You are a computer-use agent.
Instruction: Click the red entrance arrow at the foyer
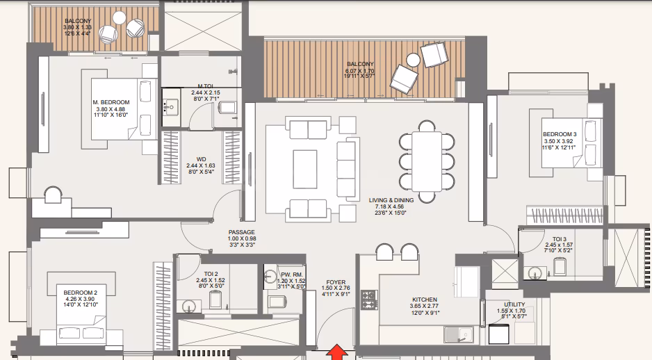tap(336, 352)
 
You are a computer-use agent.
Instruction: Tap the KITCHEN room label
tap(425, 300)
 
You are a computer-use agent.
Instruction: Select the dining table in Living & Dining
tap(427, 161)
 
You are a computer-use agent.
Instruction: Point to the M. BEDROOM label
tap(111, 102)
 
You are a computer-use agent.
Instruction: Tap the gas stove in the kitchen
tap(369, 300)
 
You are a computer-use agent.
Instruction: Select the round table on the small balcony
tap(120, 17)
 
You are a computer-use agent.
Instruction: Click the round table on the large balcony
tap(414, 60)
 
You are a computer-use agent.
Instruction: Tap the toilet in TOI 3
tap(560, 266)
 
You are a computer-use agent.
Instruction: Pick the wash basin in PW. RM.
tap(270, 276)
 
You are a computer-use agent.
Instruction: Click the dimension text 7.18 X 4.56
tap(389, 206)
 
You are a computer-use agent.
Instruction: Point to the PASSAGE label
tap(242, 232)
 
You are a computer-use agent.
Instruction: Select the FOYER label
tap(336, 282)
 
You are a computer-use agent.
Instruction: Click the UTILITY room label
tap(514, 304)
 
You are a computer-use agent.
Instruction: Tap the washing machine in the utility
tap(499, 334)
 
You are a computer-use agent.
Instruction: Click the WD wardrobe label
tap(202, 159)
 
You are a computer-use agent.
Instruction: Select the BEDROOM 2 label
tap(80, 293)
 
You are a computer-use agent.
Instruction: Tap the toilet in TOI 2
tap(215, 300)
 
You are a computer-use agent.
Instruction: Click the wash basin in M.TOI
tap(170, 108)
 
